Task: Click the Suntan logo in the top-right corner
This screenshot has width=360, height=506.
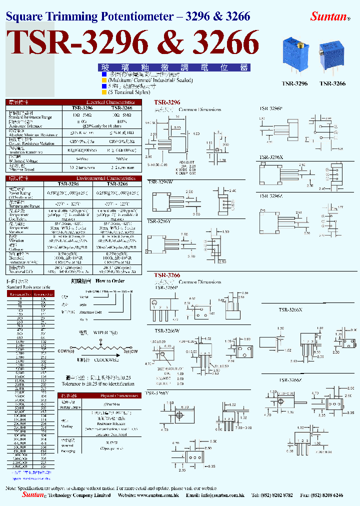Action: (329, 16)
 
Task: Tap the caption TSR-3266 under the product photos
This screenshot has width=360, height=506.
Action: (332, 84)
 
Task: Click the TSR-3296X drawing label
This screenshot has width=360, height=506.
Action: (271, 157)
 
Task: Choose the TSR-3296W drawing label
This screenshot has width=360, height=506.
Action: (159, 182)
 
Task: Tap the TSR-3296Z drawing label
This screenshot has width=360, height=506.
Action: (271, 196)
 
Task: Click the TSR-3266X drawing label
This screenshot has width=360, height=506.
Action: (290, 310)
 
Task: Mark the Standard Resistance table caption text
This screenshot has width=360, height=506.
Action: (28, 287)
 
